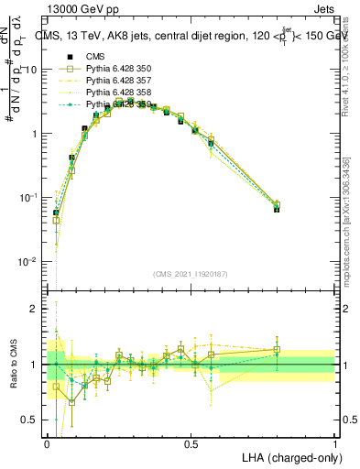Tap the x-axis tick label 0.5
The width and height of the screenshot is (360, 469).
coord(191,443)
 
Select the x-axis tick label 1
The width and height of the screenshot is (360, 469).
coord(334,443)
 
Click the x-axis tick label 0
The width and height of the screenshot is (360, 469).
coord(47,443)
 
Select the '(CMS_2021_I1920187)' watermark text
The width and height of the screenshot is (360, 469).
coord(191,273)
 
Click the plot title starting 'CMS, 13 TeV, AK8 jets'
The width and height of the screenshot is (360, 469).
coord(192,37)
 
